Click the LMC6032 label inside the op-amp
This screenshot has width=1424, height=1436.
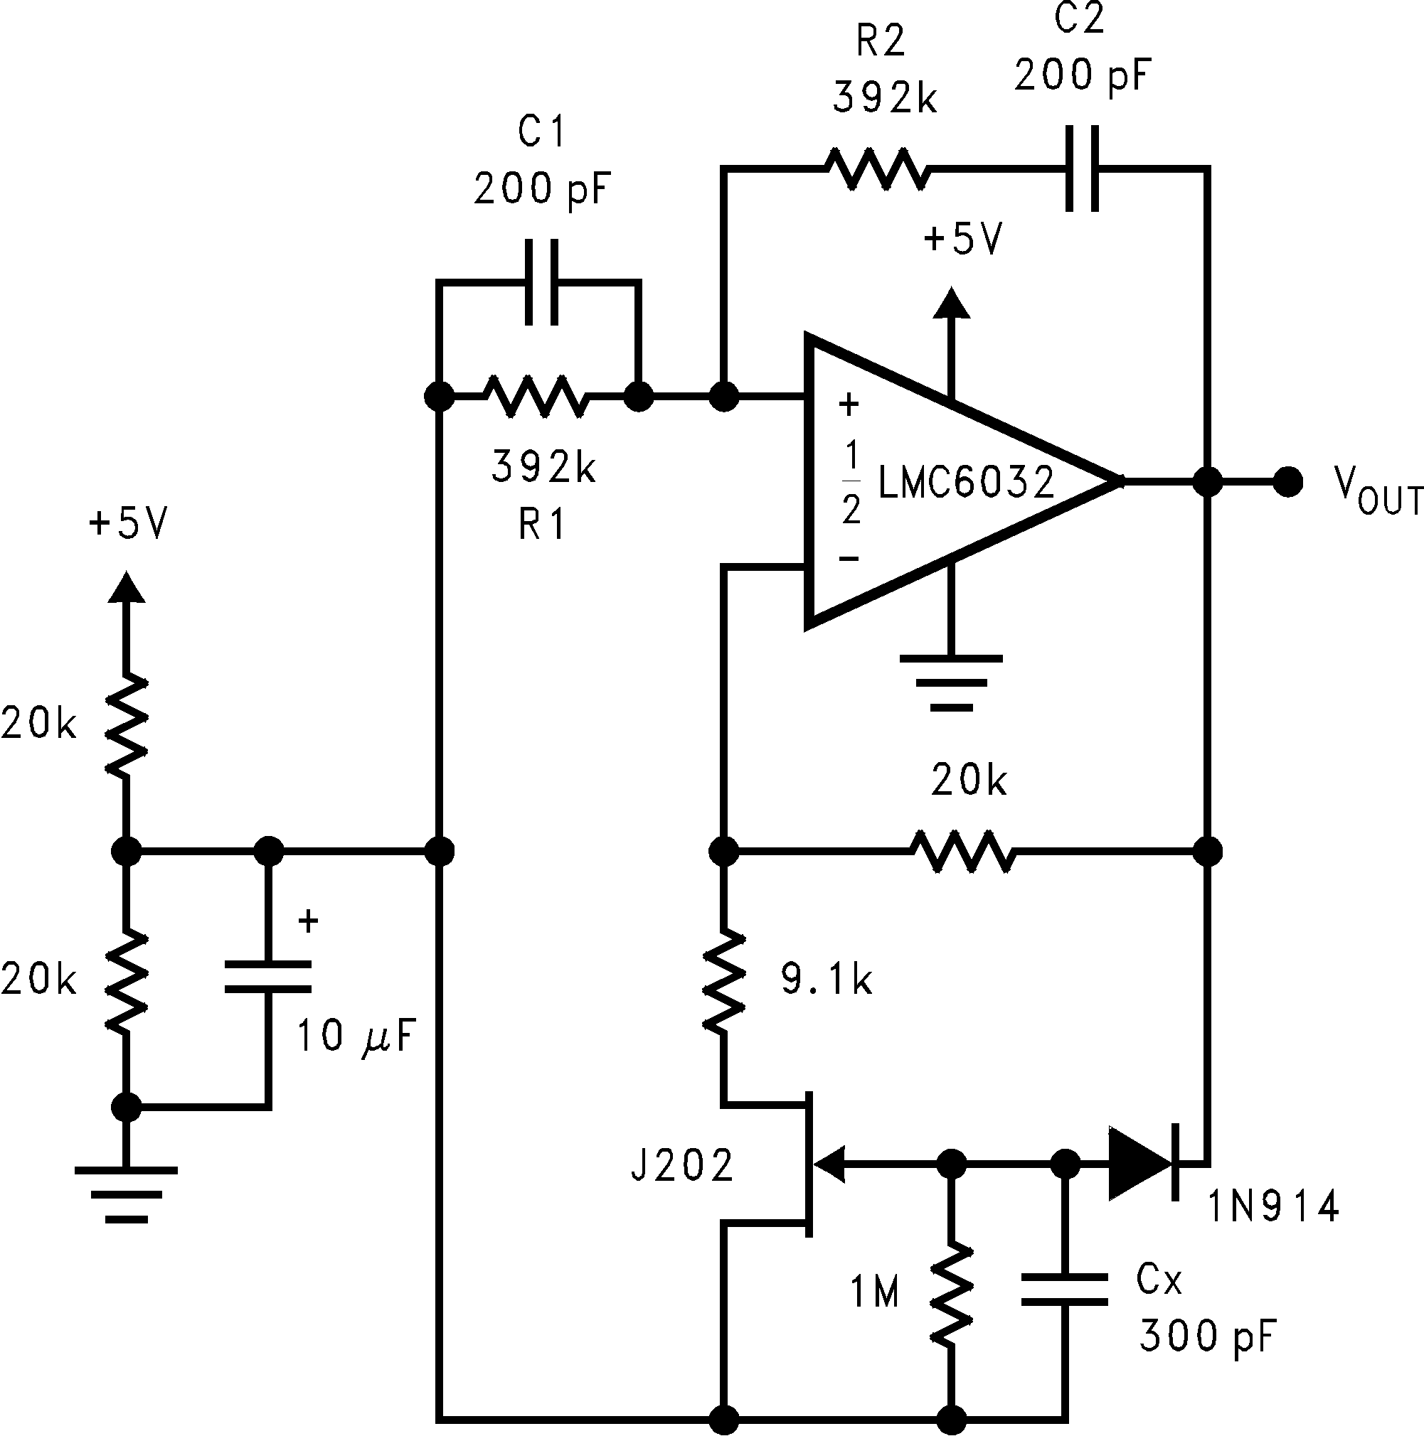point(967,482)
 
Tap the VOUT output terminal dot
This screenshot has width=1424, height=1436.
point(1287,482)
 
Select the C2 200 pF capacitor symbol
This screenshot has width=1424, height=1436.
point(1082,169)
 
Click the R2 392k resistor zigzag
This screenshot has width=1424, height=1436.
point(878,169)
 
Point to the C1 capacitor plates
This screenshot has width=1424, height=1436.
point(541,282)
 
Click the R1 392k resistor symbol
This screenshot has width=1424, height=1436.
point(536,397)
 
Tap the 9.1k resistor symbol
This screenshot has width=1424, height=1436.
point(723,981)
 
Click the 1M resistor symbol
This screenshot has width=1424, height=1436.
point(951,1294)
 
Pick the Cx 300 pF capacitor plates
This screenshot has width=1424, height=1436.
point(1064,1290)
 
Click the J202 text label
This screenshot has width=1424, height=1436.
point(682,1164)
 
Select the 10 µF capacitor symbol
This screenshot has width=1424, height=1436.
point(267,977)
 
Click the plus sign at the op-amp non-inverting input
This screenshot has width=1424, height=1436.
point(849,404)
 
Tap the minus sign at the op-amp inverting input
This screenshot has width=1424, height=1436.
point(849,557)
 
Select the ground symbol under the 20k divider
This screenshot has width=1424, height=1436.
point(126,1194)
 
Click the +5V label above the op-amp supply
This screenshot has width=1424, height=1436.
point(963,240)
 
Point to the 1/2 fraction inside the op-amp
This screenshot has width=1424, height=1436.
point(851,482)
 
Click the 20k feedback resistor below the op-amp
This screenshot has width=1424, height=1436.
point(962,850)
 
